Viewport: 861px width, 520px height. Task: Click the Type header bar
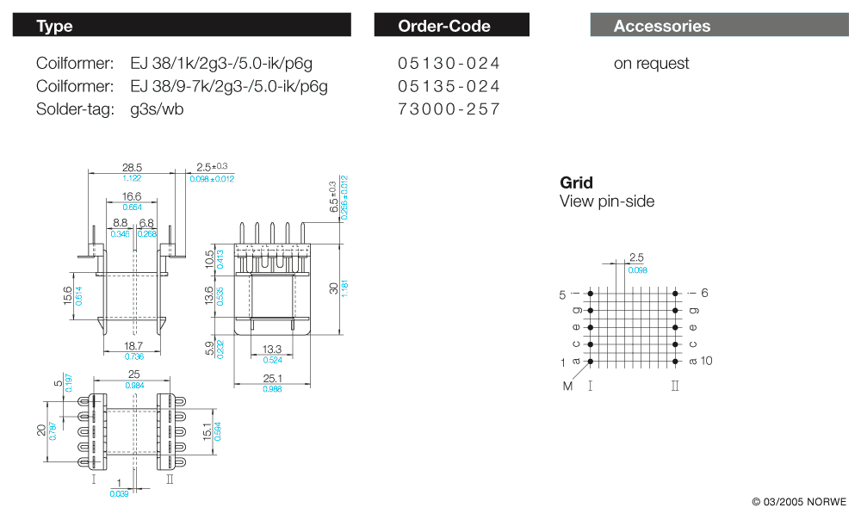pos(181,26)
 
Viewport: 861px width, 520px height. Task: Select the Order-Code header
pos(451,26)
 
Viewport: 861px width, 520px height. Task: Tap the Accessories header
pos(719,26)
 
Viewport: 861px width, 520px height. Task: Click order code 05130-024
pos(449,64)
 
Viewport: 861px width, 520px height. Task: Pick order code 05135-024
pos(449,86)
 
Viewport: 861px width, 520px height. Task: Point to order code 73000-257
pos(449,109)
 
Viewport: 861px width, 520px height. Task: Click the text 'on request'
pos(651,64)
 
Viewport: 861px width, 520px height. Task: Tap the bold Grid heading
pos(576,183)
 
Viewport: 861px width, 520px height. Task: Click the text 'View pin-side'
pos(607,201)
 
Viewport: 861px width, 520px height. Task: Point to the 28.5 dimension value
pos(132,167)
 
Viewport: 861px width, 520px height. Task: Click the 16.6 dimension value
pos(132,197)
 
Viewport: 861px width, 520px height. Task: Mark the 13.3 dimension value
pos(271,349)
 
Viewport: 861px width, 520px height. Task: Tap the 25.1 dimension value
pos(271,379)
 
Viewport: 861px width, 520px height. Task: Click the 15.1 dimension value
pos(207,430)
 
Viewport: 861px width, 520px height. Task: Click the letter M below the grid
pos(567,386)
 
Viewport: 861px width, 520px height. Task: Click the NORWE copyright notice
pos(799,502)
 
